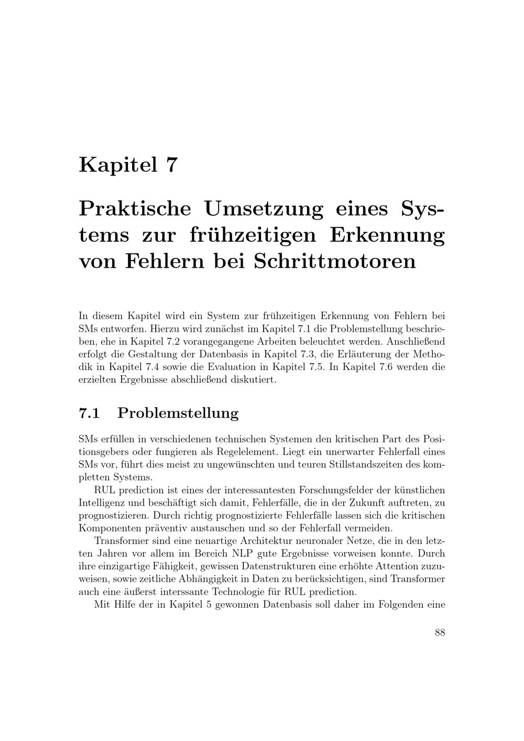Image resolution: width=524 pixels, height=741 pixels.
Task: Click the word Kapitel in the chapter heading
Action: [x=118, y=165]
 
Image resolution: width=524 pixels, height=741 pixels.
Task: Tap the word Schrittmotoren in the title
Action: [x=335, y=260]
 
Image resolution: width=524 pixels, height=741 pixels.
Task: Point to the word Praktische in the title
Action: [x=135, y=208]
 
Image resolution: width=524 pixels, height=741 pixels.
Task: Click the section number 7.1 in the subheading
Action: [x=89, y=413]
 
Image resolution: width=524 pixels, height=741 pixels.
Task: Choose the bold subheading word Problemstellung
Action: [x=178, y=413]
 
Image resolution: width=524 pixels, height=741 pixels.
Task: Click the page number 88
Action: [x=440, y=633]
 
